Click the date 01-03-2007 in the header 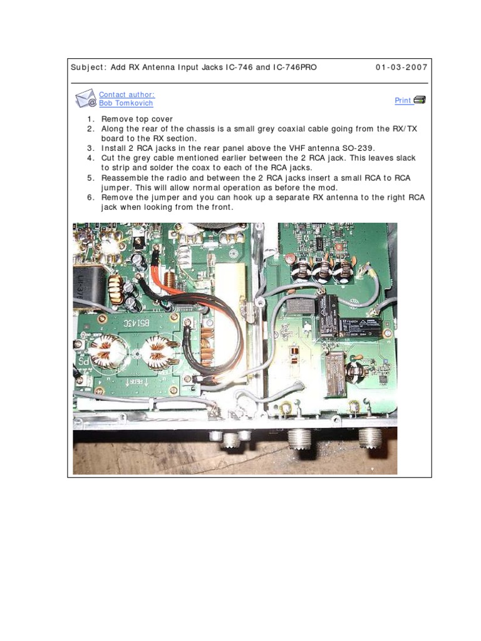pyautogui.click(x=401, y=68)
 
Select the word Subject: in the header pyautogui.click(x=89, y=68)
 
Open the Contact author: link pyautogui.click(x=127, y=95)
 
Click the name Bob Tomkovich pyautogui.click(x=126, y=103)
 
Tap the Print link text pyautogui.click(x=403, y=100)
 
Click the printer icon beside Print pyautogui.click(x=420, y=100)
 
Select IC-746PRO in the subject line pyautogui.click(x=295, y=68)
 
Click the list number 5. pyautogui.click(x=90, y=178)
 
